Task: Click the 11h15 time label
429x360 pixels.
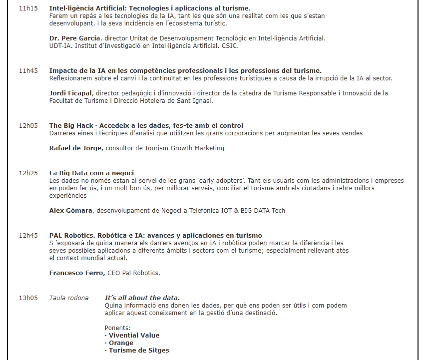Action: click(28, 8)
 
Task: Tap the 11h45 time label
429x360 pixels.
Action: click(28, 71)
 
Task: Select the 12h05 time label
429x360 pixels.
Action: click(28, 126)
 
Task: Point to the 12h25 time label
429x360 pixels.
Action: click(28, 173)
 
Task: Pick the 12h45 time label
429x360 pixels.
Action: click(28, 236)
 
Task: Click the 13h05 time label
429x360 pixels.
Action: click(28, 298)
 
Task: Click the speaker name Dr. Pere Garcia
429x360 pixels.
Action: click(75, 38)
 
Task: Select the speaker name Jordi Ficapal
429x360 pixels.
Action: click(70, 93)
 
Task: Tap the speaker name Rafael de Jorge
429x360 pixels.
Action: click(76, 148)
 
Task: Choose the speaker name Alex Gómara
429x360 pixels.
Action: click(70, 211)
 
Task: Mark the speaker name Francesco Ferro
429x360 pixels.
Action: click(77, 273)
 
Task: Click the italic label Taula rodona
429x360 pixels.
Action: click(68, 298)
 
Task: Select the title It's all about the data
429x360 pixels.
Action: click(142, 298)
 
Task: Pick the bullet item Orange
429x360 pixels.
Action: click(121, 343)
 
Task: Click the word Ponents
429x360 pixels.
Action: click(117, 328)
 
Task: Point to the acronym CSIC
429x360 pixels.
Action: click(231, 46)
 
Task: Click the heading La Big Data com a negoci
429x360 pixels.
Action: click(91, 173)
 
